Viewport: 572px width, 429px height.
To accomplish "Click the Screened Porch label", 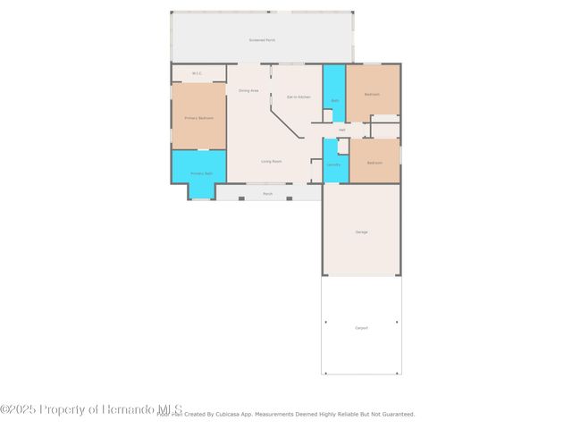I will tap(262, 40).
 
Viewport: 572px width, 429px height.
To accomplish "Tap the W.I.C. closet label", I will tap(197, 73).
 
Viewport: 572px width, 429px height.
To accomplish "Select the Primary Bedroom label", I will tap(198, 117).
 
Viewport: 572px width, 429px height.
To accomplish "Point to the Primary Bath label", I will tap(201, 173).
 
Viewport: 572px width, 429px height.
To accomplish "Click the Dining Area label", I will tap(248, 91).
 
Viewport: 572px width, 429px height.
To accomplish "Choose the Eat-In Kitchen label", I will tap(299, 97).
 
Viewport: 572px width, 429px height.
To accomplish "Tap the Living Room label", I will tap(272, 162).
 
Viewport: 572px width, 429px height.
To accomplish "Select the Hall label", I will tap(341, 130).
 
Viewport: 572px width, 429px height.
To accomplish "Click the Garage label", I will tap(361, 231).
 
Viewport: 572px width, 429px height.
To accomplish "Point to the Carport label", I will tap(361, 328).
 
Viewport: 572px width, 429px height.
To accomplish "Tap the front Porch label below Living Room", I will tap(267, 193).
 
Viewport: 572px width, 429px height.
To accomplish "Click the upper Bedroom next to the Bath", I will tap(373, 93).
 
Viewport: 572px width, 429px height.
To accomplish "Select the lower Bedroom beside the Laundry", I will tap(374, 163).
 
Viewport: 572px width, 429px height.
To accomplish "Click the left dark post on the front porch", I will tap(241, 198).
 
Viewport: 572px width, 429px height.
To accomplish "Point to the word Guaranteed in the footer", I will tap(396, 415).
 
